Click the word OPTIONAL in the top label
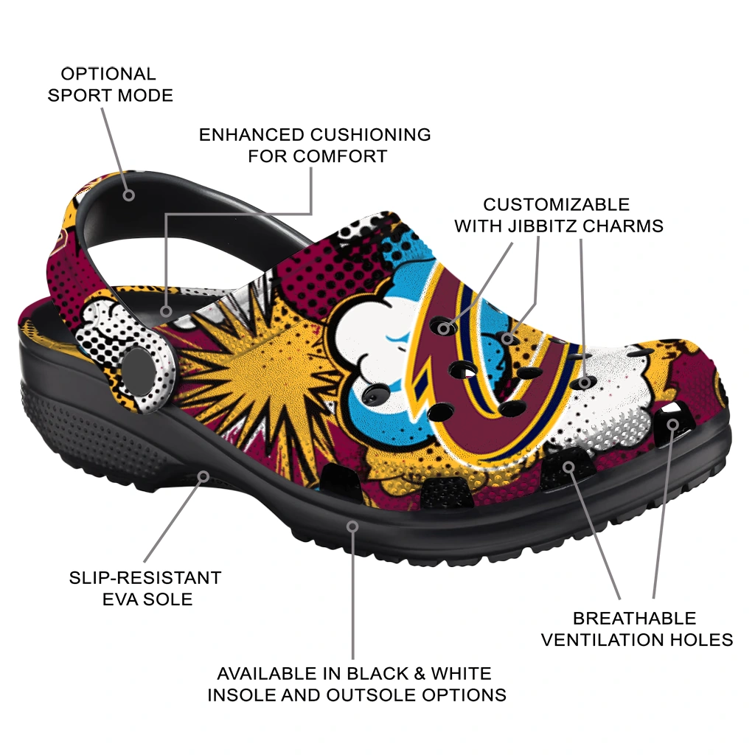point(108,74)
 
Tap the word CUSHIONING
point(370,135)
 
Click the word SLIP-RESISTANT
point(145,577)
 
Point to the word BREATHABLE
point(634,619)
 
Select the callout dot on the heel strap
point(128,195)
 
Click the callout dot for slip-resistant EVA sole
point(203,477)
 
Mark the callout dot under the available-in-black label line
point(353,526)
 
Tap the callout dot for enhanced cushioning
point(166,311)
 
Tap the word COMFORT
point(341,156)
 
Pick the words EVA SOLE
point(147,599)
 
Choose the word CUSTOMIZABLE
point(556,205)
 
